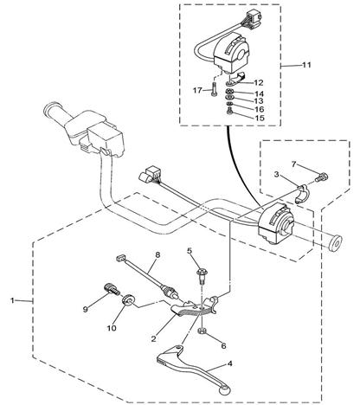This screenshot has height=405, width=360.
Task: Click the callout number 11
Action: [x=306, y=65]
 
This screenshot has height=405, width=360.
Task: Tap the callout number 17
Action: [x=197, y=91]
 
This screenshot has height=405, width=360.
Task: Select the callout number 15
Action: [x=260, y=118]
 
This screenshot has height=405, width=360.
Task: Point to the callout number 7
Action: [x=293, y=164]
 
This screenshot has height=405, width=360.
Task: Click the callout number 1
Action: [x=12, y=300]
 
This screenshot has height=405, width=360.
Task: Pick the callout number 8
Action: [x=157, y=254]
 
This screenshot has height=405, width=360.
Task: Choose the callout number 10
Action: [x=112, y=328]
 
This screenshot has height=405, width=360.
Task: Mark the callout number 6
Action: [x=223, y=345]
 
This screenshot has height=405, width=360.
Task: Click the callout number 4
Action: [x=229, y=363]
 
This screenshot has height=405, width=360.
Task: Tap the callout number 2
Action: [x=153, y=338]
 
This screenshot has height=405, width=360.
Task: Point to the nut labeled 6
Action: [x=202, y=331]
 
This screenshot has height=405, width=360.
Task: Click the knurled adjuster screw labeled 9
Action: [x=112, y=289]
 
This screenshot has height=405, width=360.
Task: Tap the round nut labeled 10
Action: [x=127, y=300]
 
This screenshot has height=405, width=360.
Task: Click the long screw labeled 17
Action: [x=214, y=90]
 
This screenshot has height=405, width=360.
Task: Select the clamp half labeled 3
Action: [x=303, y=194]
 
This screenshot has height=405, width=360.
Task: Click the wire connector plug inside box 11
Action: [x=253, y=18]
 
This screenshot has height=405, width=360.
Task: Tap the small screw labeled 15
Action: [x=229, y=111]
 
